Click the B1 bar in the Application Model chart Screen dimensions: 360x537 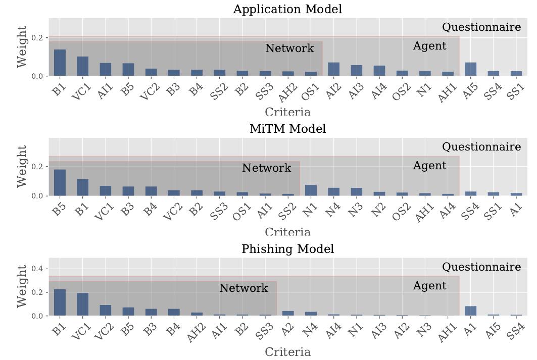[x=60, y=63]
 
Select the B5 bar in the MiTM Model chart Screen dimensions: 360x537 [x=60, y=183]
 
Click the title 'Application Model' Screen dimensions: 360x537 [x=287, y=9]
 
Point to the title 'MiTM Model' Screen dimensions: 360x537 [x=287, y=129]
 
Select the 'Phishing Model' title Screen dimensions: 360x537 [x=287, y=249]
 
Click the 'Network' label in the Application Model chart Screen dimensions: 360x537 [x=289, y=48]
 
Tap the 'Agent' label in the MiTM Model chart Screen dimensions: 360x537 [x=429, y=166]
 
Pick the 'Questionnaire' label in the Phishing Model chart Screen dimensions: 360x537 [x=481, y=267]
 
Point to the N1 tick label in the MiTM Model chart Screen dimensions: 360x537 [x=309, y=210]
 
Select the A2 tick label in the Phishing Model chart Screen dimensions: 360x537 [x=286, y=330]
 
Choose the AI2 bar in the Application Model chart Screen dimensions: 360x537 [x=333, y=70]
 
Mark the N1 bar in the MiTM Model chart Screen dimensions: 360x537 [x=311, y=190]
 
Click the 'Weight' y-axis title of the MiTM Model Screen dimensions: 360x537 [x=22, y=166]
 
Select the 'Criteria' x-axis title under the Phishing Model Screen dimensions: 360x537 [x=287, y=352]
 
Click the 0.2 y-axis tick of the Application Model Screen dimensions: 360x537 [x=38, y=38]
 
